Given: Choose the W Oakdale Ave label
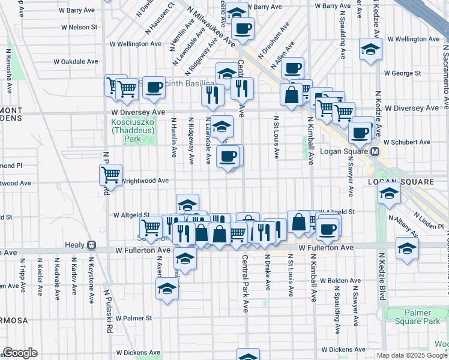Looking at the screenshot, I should coord(76,61).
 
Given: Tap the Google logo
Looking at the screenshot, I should coord(20,353).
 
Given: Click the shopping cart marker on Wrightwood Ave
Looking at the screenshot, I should coord(110,175).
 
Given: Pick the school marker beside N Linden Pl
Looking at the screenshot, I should coord(389,193).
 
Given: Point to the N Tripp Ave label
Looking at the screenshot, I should coord(22,277).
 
